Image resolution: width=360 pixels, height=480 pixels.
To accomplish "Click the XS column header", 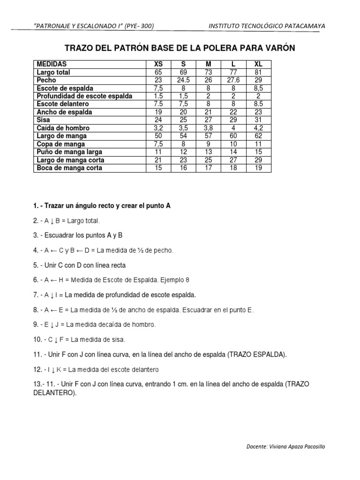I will [x=158, y=64].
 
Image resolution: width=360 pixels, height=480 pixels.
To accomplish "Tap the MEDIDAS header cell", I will [x=52, y=64].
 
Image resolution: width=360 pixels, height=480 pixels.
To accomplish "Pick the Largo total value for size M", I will [x=208, y=72].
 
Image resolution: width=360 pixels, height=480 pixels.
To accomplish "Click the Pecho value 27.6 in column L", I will [x=233, y=80].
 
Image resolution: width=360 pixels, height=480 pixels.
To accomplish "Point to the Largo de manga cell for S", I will [x=183, y=136].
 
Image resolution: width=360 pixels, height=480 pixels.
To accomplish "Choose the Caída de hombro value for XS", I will [x=158, y=128].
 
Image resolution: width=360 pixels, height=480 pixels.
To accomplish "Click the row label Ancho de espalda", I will [x=64, y=112].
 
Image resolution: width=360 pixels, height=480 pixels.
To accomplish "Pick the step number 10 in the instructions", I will [x=37, y=339].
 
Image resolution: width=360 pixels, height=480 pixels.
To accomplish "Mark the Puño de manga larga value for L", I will [x=233, y=152].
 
